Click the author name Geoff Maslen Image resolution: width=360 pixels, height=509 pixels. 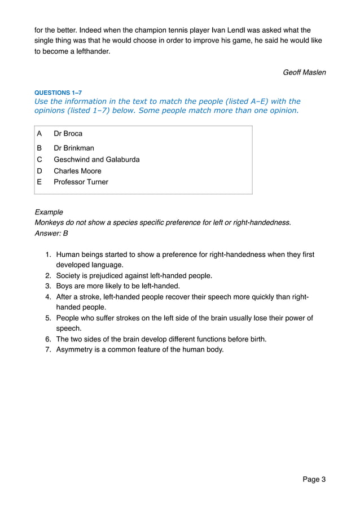click(304, 72)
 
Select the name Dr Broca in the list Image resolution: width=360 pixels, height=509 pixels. click(68, 134)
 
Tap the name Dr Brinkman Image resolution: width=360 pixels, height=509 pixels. click(74, 148)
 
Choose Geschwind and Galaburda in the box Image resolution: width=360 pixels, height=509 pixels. click(96, 160)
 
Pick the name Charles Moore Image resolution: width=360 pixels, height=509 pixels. click(77, 171)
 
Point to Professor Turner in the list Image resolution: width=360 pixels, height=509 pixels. click(81, 182)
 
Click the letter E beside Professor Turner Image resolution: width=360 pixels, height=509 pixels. click(39, 182)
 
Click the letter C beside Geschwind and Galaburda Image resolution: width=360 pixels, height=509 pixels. click(39, 160)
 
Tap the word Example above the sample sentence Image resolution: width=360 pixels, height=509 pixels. click(49, 212)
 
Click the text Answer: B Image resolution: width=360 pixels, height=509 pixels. click(51, 233)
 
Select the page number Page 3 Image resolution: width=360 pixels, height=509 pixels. click(314, 480)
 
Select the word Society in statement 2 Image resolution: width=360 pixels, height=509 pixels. click(69, 275)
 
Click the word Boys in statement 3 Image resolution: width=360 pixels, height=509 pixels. click(64, 286)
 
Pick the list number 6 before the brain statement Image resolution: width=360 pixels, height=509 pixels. click(49, 339)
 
